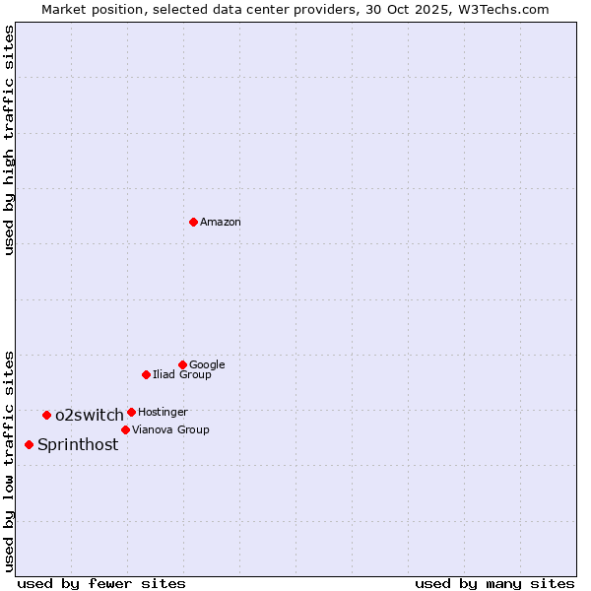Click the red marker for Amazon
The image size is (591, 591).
[193, 222]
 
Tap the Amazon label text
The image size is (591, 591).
[221, 223]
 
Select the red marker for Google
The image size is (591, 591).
[182, 364]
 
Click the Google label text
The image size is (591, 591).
[207, 365]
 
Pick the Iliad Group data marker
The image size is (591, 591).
[146, 374]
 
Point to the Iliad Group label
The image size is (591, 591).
[182, 375]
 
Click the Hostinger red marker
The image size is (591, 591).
[131, 412]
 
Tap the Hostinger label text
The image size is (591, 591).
[163, 412]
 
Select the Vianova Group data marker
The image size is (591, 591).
[125, 429]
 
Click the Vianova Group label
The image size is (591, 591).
[170, 430]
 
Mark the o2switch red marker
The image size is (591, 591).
[46, 415]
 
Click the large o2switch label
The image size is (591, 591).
[90, 416]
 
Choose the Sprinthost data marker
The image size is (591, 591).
[29, 444]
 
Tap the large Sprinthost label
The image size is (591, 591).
[78, 445]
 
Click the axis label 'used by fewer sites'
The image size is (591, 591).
[101, 583]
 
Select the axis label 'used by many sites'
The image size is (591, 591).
[494, 583]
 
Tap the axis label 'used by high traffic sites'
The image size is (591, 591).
[10, 141]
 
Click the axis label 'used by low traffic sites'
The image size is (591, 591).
[10, 461]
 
